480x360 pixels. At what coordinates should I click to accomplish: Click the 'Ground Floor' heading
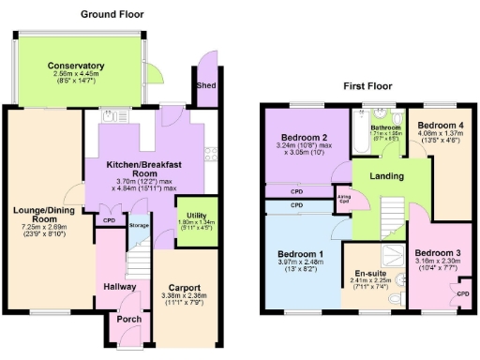click(x=111, y=14)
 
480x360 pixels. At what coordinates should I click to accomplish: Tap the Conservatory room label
click(x=77, y=66)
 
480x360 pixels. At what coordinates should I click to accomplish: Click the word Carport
click(x=185, y=288)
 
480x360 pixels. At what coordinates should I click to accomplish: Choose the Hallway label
click(x=120, y=287)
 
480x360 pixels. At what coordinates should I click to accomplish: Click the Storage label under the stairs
click(x=139, y=226)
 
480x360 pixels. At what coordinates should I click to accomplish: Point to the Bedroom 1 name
click(x=302, y=254)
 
